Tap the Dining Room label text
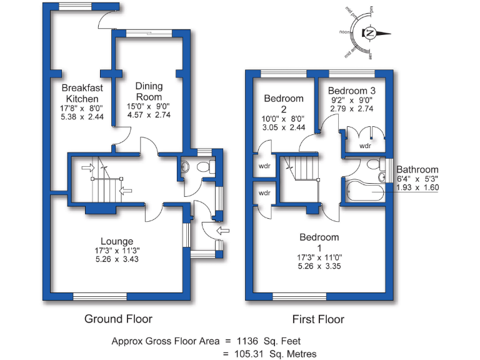149,91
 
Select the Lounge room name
117,241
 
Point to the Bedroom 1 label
319,237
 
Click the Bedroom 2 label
283,103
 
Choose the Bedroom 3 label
351,90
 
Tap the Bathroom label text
417,169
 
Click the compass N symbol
371,32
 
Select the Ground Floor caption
118,319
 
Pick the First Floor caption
318,319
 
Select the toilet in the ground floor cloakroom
201,167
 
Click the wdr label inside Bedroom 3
365,146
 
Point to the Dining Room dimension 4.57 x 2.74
149,115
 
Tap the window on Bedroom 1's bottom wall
299,296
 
